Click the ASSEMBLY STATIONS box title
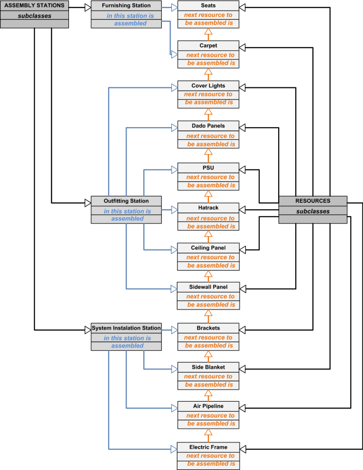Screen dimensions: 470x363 click(34, 6)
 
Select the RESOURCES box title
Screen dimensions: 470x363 click(313, 201)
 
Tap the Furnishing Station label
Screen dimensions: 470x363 click(126, 6)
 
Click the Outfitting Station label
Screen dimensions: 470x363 click(126, 201)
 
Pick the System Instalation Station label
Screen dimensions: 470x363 click(126, 328)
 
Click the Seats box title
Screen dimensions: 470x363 click(208, 6)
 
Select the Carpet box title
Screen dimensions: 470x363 click(208, 46)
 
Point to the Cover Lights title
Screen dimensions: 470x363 click(208, 85)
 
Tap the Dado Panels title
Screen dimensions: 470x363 click(208, 126)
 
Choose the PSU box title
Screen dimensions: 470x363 click(208, 168)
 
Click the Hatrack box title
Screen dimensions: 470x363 click(208, 208)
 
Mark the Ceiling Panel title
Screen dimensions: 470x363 click(208, 248)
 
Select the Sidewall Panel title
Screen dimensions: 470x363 click(208, 287)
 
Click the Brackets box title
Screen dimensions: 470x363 click(208, 328)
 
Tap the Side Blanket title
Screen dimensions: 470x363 click(208, 367)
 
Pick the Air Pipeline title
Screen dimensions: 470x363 click(208, 406)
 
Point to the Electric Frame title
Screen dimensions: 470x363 click(208, 447)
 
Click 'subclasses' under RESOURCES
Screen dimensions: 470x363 click(313, 211)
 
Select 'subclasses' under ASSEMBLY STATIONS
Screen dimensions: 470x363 click(34, 15)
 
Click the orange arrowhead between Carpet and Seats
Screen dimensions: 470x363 click(208, 32)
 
